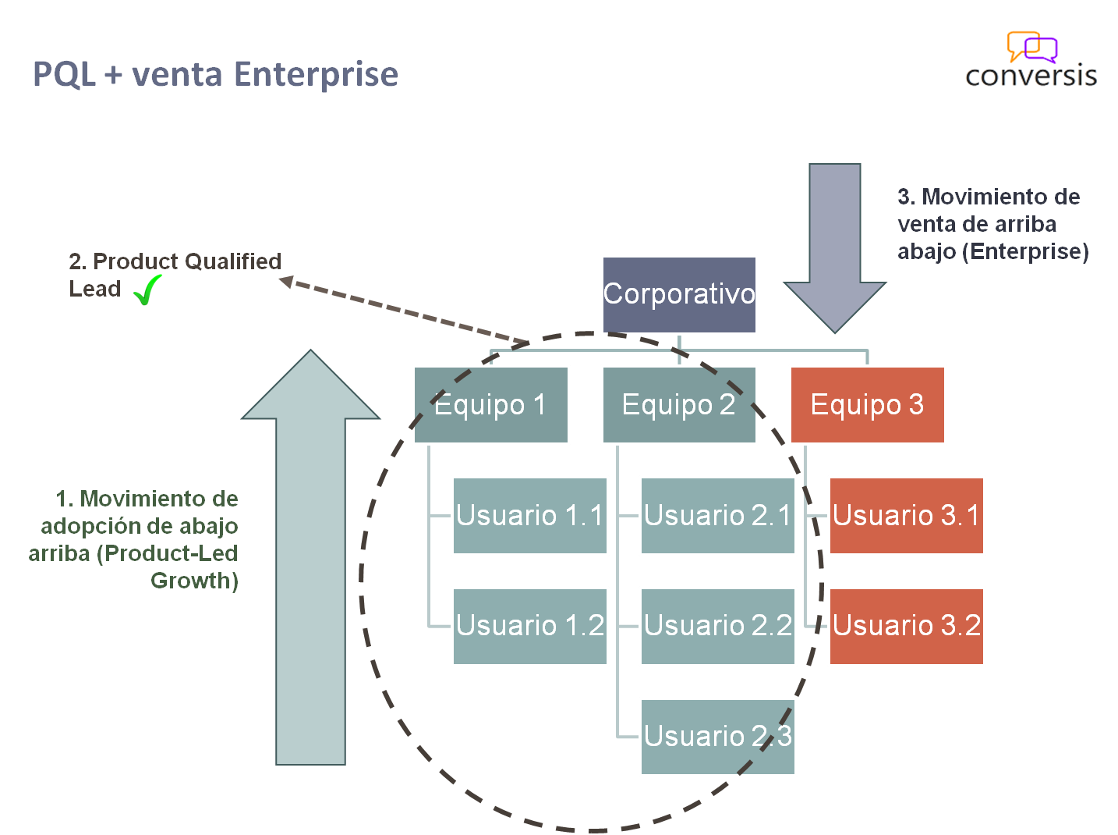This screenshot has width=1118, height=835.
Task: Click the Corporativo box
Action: pyautogui.click(x=679, y=295)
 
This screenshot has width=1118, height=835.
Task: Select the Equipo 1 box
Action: pyautogui.click(x=491, y=405)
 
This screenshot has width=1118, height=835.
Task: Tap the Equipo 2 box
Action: pyautogui.click(x=679, y=405)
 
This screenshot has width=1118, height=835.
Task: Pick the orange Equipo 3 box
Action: pyautogui.click(x=867, y=405)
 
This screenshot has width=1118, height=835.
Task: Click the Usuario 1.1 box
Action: pyautogui.click(x=530, y=516)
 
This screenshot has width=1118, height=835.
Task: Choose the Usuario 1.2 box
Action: pyautogui.click(x=530, y=626)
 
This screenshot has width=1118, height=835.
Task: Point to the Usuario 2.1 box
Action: pyautogui.click(x=717, y=516)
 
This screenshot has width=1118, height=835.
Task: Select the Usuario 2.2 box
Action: pyautogui.click(x=717, y=626)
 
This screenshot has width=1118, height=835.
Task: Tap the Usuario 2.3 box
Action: pyautogui.click(x=717, y=737)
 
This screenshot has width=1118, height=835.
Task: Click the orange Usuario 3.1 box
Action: pyautogui.click(x=906, y=516)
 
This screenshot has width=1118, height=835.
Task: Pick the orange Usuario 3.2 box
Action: pyautogui.click(x=906, y=626)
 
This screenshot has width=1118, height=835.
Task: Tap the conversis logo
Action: pyautogui.click(x=1031, y=59)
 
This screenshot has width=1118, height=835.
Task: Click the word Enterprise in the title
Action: pyautogui.click(x=316, y=75)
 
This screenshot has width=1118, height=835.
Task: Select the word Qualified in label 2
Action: pyautogui.click(x=232, y=261)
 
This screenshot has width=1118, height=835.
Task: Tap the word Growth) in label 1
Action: pyautogui.click(x=194, y=581)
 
